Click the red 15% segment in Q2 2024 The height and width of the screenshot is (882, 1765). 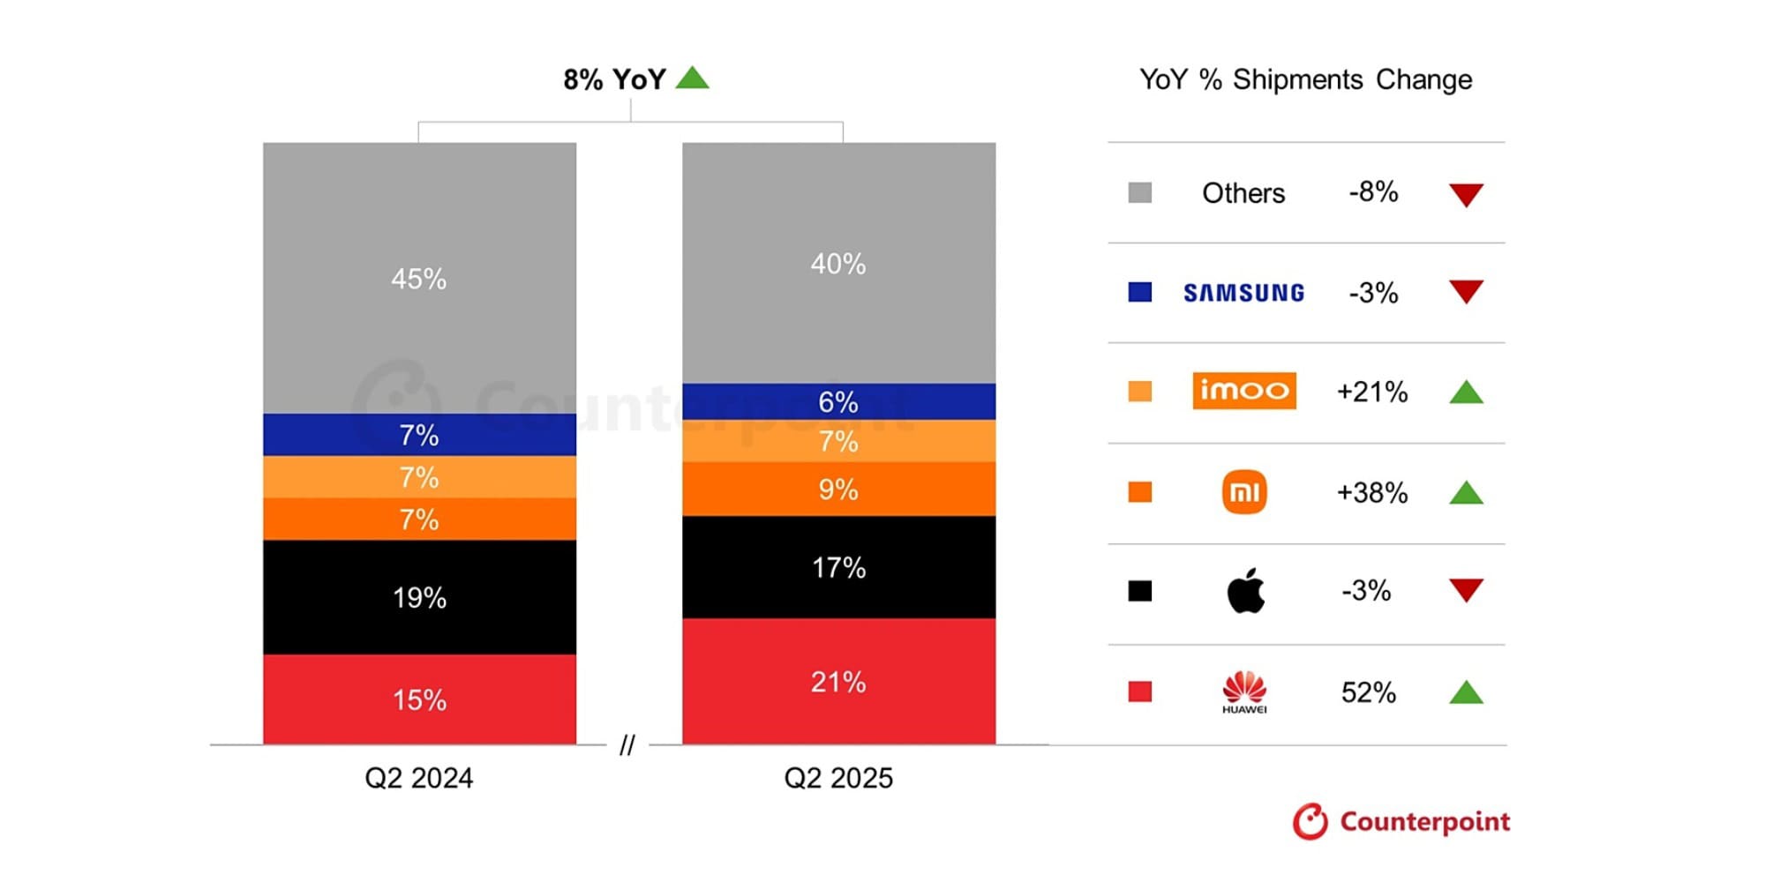pyautogui.click(x=419, y=699)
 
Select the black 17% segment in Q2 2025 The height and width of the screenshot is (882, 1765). pyautogui.click(x=838, y=567)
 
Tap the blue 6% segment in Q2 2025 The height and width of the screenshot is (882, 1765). pyautogui.click(x=838, y=401)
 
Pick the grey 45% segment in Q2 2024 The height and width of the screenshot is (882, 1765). pyautogui.click(x=419, y=278)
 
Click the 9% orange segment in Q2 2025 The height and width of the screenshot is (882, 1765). pyautogui.click(x=838, y=489)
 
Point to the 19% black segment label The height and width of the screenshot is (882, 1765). pyautogui.click(x=419, y=598)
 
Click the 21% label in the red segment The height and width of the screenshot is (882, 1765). pyautogui.click(x=838, y=682)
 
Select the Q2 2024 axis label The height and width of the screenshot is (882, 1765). pyautogui.click(x=419, y=778)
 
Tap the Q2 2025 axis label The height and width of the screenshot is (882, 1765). pyautogui.click(x=838, y=778)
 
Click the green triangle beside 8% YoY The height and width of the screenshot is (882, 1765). pyautogui.click(x=693, y=78)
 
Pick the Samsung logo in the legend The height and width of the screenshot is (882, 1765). pyautogui.click(x=1243, y=293)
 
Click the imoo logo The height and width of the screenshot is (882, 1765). pyautogui.click(x=1243, y=391)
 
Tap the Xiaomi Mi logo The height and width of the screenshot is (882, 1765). pyautogui.click(x=1244, y=492)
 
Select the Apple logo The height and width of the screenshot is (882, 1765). pyautogui.click(x=1245, y=591)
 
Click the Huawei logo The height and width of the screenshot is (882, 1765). pyautogui.click(x=1244, y=691)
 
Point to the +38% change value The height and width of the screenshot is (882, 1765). pyautogui.click(x=1371, y=492)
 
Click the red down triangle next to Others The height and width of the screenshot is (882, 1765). pyautogui.click(x=1466, y=194)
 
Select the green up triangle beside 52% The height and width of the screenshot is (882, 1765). pyautogui.click(x=1466, y=692)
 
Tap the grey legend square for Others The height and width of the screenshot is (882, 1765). pyautogui.click(x=1140, y=192)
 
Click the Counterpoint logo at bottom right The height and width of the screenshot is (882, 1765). pyautogui.click(x=1401, y=821)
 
